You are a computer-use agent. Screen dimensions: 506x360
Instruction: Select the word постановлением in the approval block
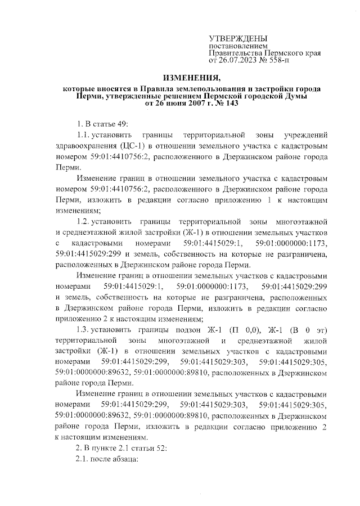point(235,45)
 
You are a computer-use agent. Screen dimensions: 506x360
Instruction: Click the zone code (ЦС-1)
point(132,147)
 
